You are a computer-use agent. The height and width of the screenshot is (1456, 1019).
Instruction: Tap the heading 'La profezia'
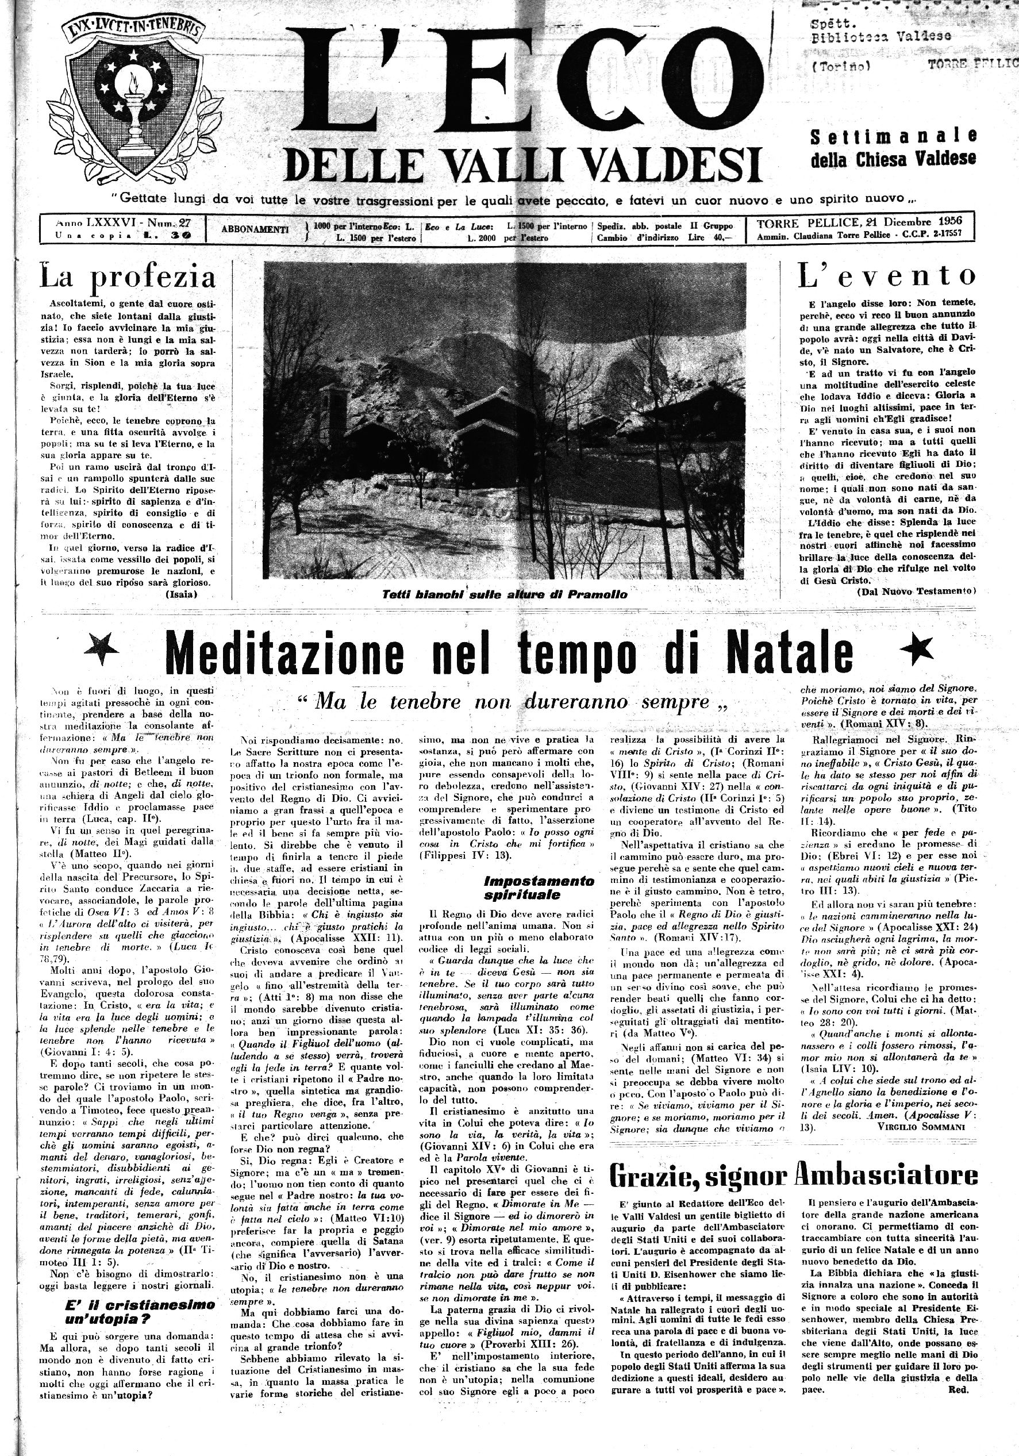tap(128, 277)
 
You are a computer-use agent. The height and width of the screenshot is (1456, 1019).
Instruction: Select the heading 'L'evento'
tap(886, 276)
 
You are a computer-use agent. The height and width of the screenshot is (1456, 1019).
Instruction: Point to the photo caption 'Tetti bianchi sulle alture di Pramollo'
tap(504, 594)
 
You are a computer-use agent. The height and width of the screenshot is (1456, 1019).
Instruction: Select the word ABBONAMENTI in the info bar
tap(255, 229)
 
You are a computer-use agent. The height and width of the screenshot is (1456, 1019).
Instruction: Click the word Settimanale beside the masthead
tap(894, 136)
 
